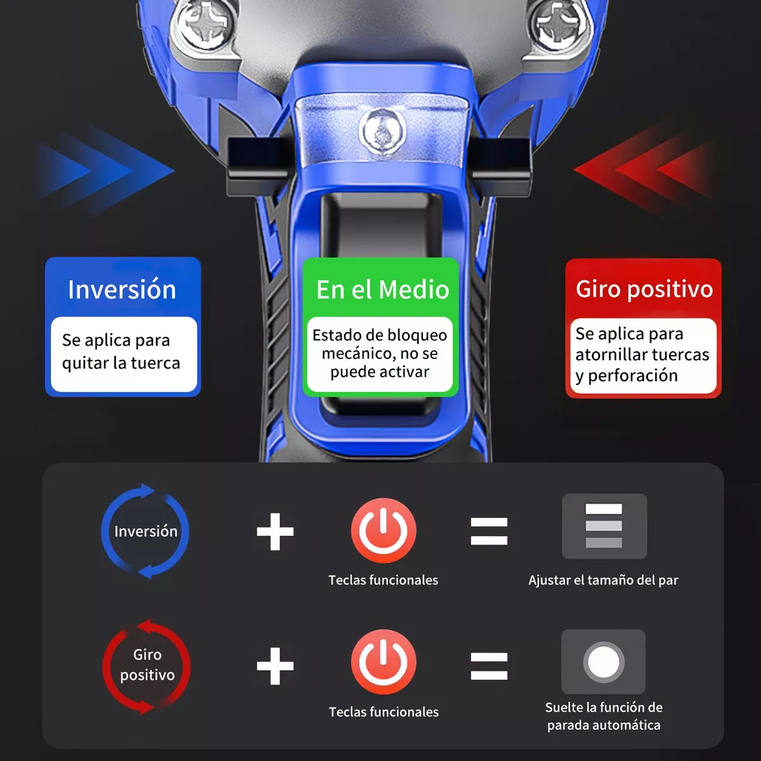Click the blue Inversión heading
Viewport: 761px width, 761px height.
point(122,289)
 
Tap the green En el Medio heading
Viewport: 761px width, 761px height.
point(382,289)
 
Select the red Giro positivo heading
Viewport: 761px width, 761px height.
point(644,290)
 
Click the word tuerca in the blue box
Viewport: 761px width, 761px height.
point(155,363)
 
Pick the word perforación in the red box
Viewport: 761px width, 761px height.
point(633,375)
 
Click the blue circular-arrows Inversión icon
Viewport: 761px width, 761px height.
point(145,531)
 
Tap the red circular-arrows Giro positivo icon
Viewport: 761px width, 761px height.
point(146,666)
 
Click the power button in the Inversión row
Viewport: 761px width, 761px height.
point(384,530)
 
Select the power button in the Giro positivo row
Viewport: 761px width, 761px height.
point(384,661)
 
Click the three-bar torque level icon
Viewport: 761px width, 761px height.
point(604,526)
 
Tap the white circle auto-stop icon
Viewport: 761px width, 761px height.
point(604,661)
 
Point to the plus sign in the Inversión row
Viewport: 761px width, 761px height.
point(275,531)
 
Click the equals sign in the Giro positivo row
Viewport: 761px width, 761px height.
point(489,667)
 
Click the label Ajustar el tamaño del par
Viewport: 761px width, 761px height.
point(604,580)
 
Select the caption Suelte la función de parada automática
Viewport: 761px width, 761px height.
point(604,716)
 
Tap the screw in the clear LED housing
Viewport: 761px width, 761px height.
point(382,131)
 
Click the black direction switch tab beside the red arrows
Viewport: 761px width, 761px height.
point(501,167)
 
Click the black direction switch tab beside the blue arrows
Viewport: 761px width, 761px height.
point(258,167)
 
